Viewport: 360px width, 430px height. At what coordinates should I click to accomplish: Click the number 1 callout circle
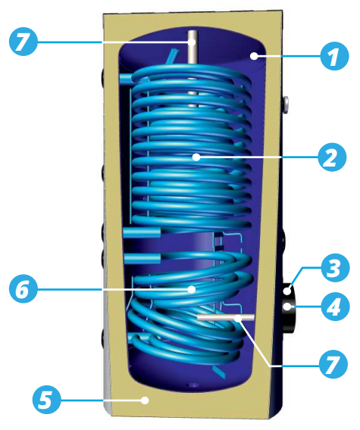tap(334, 56)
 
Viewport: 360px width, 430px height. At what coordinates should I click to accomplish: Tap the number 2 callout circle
tap(332, 157)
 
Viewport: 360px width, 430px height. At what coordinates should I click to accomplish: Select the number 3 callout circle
tap(336, 267)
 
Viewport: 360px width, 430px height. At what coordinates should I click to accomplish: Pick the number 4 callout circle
tap(336, 307)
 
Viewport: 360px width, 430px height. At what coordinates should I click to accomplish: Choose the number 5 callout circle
tap(47, 400)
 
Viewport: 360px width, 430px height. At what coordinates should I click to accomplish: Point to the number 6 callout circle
tap(23, 288)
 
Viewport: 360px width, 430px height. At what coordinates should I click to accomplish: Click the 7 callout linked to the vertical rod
tap(23, 42)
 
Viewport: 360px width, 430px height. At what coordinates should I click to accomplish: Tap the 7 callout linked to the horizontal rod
tap(333, 364)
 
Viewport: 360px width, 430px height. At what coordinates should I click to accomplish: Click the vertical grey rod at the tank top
tap(193, 69)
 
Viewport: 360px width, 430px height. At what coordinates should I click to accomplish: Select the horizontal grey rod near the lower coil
tap(226, 317)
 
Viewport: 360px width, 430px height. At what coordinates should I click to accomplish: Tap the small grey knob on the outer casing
tap(286, 104)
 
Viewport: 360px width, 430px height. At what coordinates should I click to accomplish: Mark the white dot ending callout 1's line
tap(255, 56)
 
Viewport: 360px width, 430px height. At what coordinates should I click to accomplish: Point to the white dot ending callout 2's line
tap(196, 157)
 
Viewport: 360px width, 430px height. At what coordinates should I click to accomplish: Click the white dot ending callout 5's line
tap(145, 400)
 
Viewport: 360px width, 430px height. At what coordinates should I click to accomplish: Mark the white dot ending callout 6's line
tap(192, 289)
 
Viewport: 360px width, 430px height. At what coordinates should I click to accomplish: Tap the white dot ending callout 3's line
tap(287, 291)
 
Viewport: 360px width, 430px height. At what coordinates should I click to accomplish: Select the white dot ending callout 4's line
tap(287, 307)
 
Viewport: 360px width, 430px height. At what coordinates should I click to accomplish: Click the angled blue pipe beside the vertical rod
tap(172, 56)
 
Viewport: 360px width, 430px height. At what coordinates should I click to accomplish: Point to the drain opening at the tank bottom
tap(193, 385)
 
